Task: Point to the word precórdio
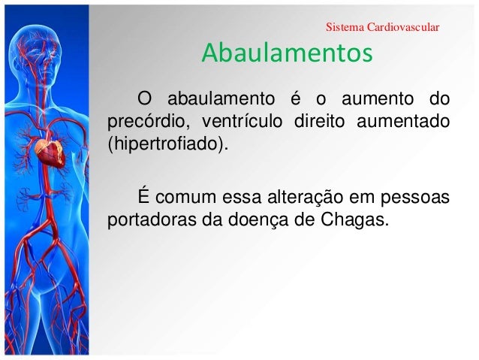point(143,121)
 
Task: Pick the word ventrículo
point(239,121)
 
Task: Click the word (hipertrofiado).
point(167,143)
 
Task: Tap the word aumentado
point(404,121)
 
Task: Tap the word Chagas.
point(361,220)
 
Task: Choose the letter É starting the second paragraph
point(140,198)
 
